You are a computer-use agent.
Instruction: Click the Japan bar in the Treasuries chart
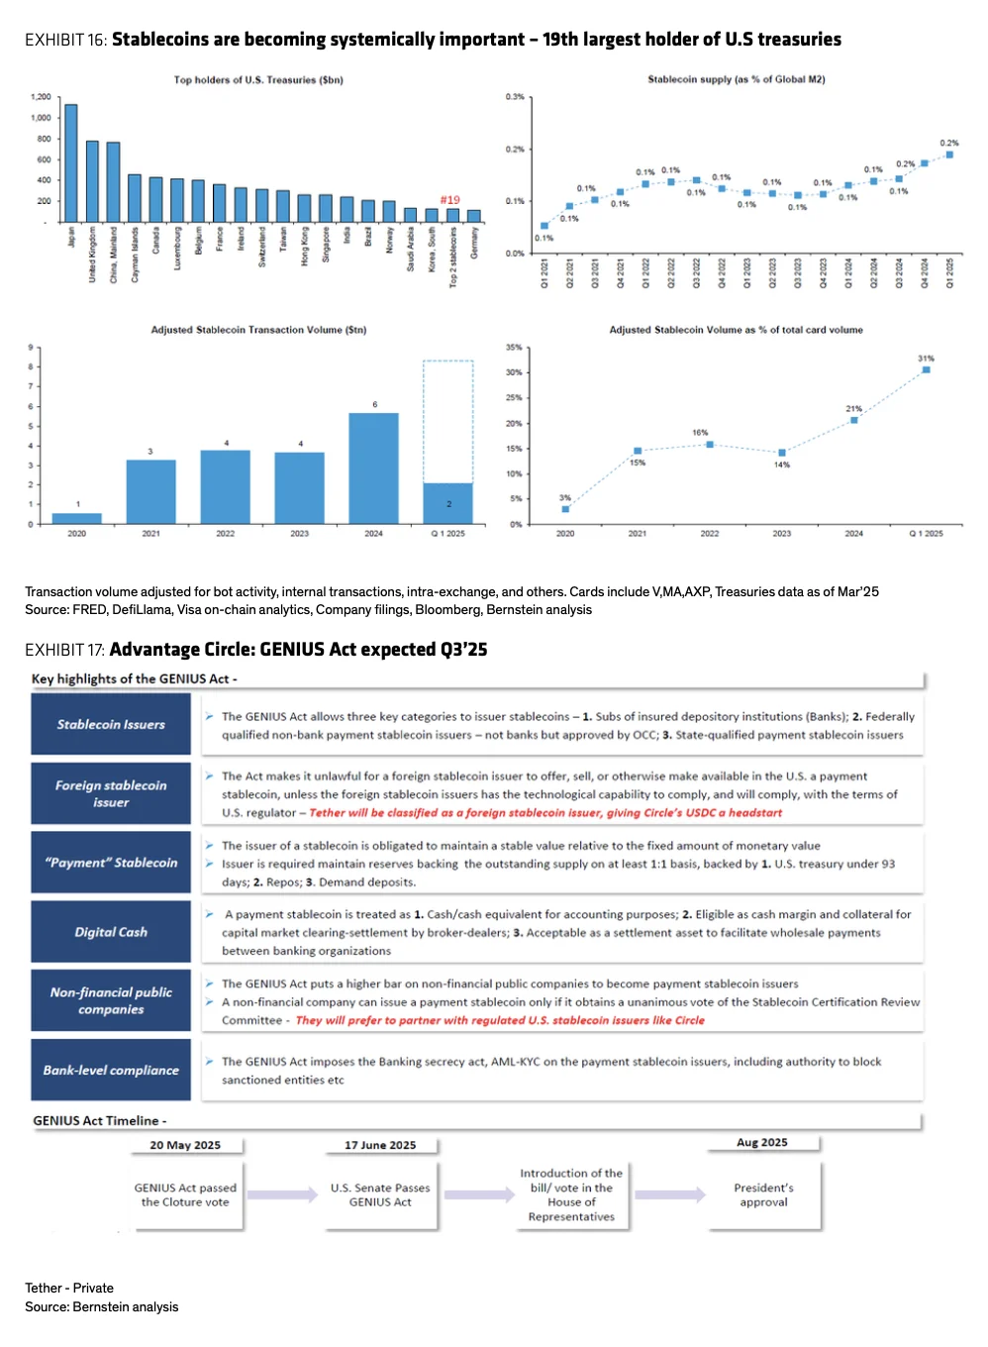[x=71, y=163]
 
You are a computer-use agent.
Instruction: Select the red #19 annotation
[x=449, y=200]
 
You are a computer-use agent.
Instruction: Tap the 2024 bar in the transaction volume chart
[x=373, y=467]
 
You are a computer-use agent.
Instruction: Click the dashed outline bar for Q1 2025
[x=448, y=421]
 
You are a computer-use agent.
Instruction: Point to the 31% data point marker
[x=926, y=369]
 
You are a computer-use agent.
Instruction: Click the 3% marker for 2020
[x=565, y=509]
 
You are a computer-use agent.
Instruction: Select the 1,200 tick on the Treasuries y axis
[x=41, y=97]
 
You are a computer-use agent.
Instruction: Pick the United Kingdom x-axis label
[x=93, y=255]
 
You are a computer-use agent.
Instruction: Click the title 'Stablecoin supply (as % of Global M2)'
[x=736, y=79]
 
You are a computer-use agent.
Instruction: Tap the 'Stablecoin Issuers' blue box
[x=111, y=725]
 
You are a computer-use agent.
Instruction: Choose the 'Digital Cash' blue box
[x=111, y=932]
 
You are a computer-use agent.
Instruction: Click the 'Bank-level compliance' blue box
[x=111, y=1070]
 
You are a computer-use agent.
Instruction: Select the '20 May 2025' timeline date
[x=185, y=1145]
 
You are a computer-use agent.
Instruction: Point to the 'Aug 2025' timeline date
[x=762, y=1142]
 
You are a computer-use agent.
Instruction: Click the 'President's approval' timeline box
[x=764, y=1194]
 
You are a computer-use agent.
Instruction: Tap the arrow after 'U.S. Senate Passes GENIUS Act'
[x=479, y=1194]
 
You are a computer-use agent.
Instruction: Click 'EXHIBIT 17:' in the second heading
[x=64, y=650]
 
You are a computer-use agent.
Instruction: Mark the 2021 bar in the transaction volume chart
[x=150, y=491]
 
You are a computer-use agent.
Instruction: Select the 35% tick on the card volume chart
[x=514, y=348]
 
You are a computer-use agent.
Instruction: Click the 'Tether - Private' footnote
[x=69, y=1288]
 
